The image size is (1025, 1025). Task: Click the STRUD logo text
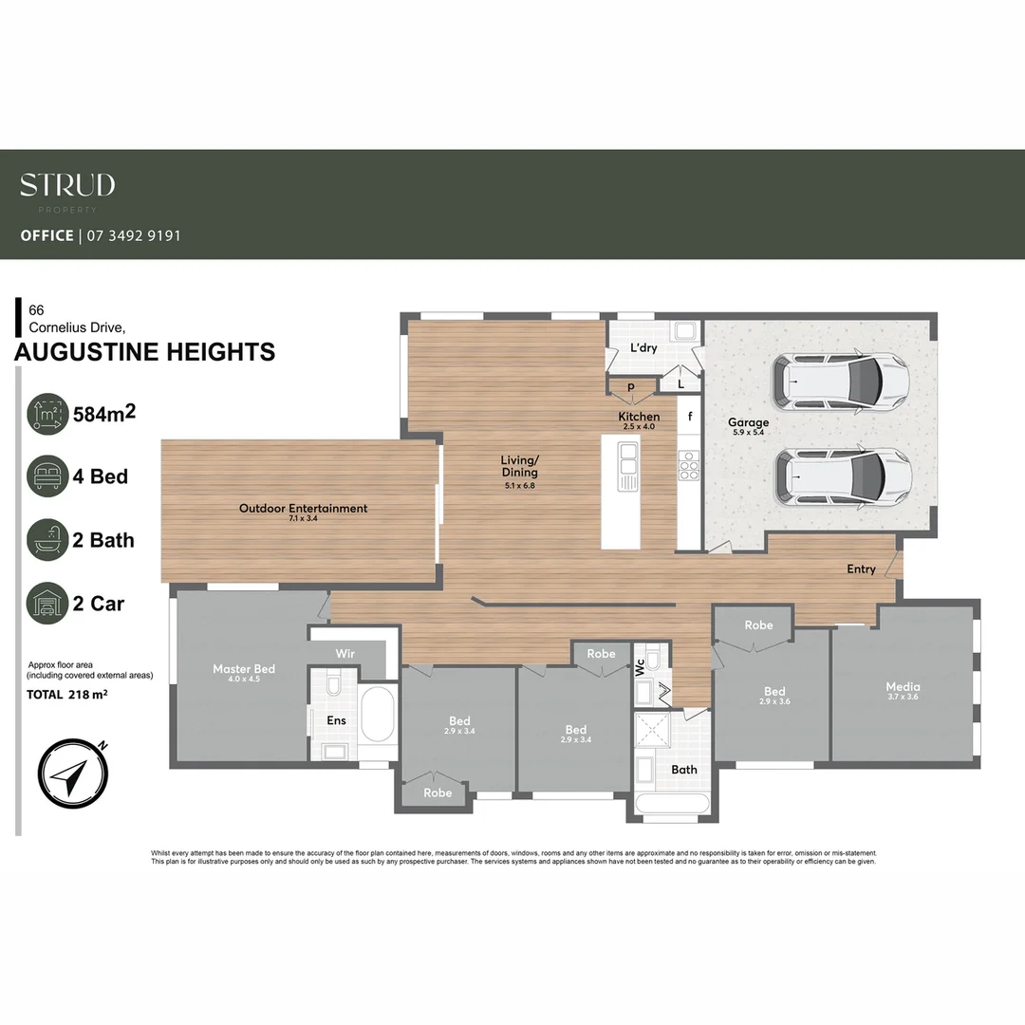(67, 184)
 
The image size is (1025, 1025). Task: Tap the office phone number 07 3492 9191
(133, 235)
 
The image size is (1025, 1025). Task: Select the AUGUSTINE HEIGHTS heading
(145, 352)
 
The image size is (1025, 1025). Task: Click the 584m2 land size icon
(47, 414)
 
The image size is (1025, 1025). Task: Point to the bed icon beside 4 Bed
(47, 476)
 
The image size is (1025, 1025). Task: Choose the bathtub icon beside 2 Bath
(47, 540)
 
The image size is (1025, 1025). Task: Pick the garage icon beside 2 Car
(47, 604)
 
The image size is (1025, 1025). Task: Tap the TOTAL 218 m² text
(66, 695)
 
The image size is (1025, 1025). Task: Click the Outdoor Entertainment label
(303, 509)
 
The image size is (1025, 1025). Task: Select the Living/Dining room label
(519, 466)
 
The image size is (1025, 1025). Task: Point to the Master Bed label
(244, 669)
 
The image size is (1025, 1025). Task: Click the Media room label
(903, 686)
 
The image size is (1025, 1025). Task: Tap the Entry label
(861, 569)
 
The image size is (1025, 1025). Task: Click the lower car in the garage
(843, 475)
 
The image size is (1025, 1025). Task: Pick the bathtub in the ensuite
(380, 715)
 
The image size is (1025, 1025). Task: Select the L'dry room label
(643, 347)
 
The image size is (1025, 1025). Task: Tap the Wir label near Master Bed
(345, 654)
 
